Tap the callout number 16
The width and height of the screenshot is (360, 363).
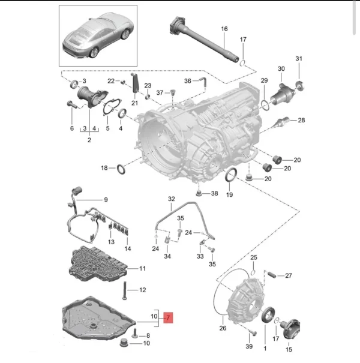224,29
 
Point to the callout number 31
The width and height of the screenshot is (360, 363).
298,58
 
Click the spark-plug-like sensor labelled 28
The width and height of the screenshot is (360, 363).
278,121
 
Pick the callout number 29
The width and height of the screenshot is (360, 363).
264,81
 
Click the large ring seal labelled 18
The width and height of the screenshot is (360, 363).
120,169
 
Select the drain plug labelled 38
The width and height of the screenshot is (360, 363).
199,193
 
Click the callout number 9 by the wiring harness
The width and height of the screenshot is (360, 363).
106,200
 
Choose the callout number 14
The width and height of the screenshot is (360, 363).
127,248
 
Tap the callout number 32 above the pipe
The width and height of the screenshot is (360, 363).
172,199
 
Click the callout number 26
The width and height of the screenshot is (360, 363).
223,328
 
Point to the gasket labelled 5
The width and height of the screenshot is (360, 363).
110,109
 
